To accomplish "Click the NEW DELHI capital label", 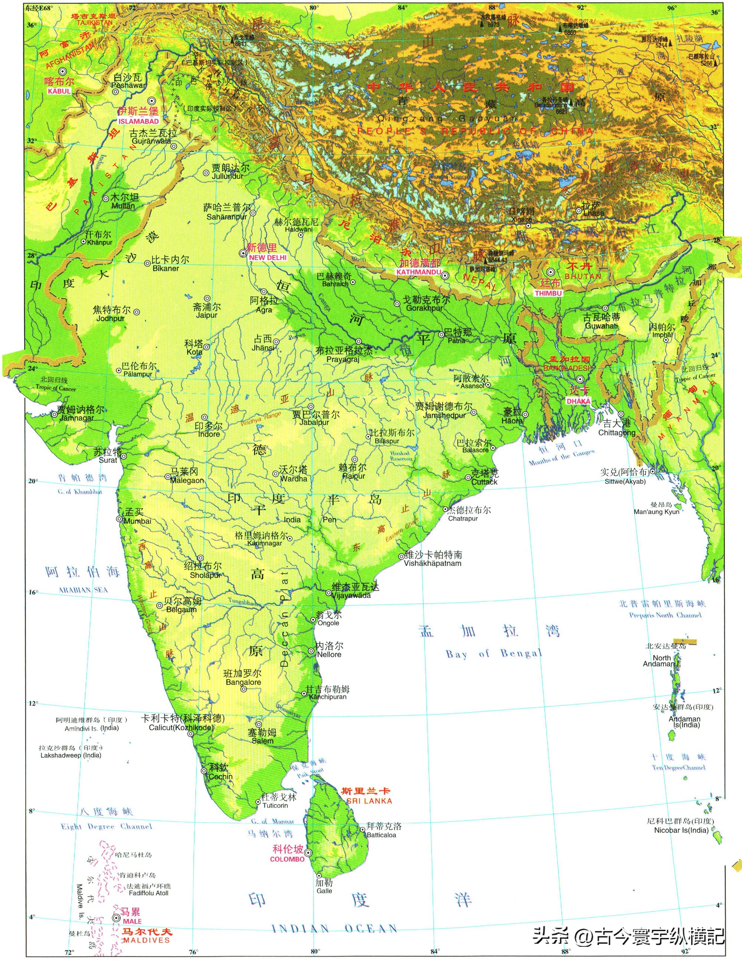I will [x=267, y=258].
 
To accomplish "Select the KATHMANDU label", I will [x=418, y=272].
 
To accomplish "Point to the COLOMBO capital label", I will [x=287, y=859].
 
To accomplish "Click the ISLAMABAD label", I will [x=138, y=121].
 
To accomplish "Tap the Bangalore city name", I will [x=243, y=682].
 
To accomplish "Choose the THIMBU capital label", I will [x=548, y=293].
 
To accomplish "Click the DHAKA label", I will [x=578, y=401].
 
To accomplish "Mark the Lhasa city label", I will [x=594, y=213].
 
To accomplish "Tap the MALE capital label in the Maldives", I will [x=132, y=922].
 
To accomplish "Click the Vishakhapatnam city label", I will [x=433, y=564].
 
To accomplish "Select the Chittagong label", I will [x=617, y=433].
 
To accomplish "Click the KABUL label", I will [x=59, y=91].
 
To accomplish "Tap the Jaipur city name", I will [x=207, y=315].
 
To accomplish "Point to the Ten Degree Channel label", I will [x=678, y=767].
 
